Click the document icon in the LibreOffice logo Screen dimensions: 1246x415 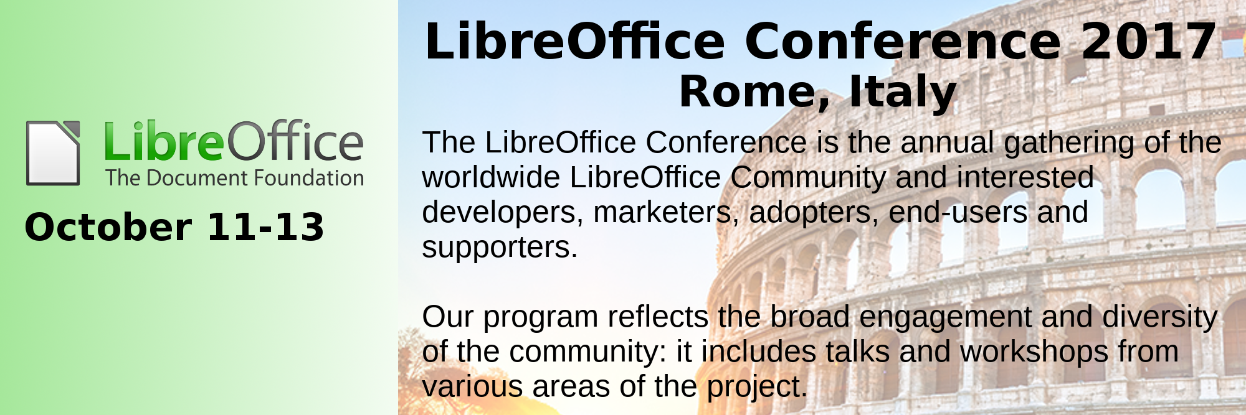(53, 153)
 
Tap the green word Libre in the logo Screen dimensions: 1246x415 (164, 141)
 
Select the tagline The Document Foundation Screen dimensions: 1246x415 (235, 178)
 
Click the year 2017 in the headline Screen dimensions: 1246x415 (1149, 41)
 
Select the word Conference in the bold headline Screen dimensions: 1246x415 (903, 41)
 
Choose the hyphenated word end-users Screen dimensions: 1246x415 (958, 212)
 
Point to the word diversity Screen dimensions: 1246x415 (1160, 318)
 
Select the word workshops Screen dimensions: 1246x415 (1034, 353)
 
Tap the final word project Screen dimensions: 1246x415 (757, 388)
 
